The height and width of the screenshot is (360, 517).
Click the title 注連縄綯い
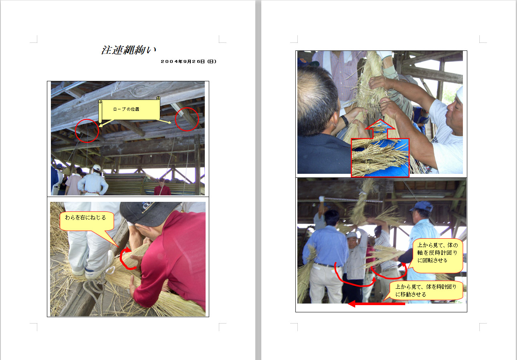coord(129,50)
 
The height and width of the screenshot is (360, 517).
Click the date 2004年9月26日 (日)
coord(189,61)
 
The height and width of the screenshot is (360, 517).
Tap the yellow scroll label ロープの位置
coord(129,110)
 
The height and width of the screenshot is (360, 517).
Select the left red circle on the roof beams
coord(87,131)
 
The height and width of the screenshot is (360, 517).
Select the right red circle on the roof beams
coord(187,119)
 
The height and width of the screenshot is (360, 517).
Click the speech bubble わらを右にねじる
coord(87,221)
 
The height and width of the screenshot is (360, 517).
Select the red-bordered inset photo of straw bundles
coord(380,157)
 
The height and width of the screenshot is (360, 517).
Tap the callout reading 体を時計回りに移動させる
coord(426,290)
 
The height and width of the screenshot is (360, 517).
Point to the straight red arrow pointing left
coord(376,304)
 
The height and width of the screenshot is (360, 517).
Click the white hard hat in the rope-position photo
coord(97,167)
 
